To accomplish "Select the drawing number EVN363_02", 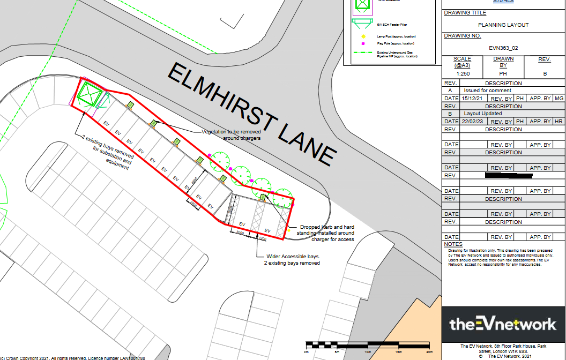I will tap(503, 48).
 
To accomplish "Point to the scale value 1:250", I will tap(462, 74).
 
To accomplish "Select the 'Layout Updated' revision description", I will tap(482, 114).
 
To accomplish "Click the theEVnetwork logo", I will tap(503, 324).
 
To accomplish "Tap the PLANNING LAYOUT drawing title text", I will tap(503, 25).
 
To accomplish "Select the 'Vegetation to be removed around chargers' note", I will tap(231, 134).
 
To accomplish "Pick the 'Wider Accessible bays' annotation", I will tap(292, 260).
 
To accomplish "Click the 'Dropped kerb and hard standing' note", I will tap(326, 233).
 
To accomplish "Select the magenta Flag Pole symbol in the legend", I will tap(363, 43).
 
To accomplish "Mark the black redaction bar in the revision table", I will tap(508, 175).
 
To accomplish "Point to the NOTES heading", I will tap(453, 244).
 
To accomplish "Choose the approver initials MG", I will tap(558, 99).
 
